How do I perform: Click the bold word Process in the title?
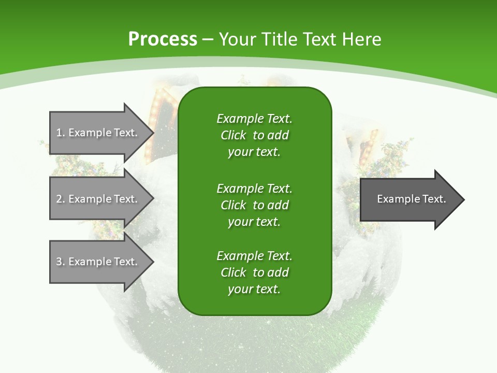[x=163, y=39]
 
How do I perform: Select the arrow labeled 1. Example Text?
[x=98, y=133]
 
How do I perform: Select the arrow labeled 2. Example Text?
[x=98, y=199]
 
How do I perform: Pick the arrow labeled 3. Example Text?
[x=98, y=262]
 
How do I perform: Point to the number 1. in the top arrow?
[x=61, y=133]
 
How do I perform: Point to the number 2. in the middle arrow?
[x=61, y=199]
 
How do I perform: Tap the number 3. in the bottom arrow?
[x=61, y=262]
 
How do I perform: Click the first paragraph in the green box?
[x=254, y=135]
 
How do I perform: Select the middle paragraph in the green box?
[x=254, y=205]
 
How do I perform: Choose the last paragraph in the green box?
[x=254, y=272]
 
